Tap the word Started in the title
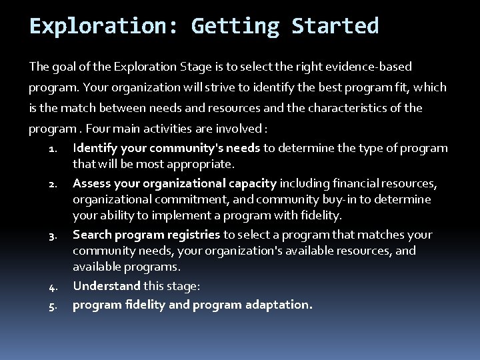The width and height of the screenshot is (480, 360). coord(335,26)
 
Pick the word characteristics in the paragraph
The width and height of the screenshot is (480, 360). coord(363,108)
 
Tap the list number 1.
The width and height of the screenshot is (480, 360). coord(55,149)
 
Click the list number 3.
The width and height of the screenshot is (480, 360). coord(55,235)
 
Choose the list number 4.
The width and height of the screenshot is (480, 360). coord(55,287)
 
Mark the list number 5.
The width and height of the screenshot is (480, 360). coord(55,305)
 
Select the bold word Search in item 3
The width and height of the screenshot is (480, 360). coord(92,234)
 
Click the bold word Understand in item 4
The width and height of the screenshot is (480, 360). coord(107,285)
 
